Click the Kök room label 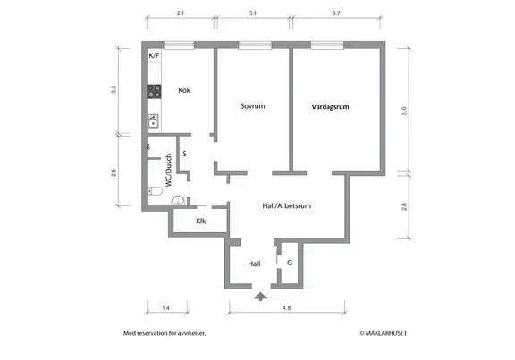184,90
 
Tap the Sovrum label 252,106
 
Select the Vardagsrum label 330,106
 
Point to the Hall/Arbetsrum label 287,206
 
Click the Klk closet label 201,222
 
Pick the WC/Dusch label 169,171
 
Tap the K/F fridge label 154,55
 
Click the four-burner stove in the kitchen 154,91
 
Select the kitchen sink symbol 154,121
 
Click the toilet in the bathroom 155,191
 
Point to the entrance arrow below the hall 260,297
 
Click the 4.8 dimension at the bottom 286,308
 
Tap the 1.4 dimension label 165,308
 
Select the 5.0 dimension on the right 404,111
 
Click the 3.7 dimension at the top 336,13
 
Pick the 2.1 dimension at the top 181,13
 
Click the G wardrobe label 290,263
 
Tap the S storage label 184,154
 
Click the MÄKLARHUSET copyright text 384,333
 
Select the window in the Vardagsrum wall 327,46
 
